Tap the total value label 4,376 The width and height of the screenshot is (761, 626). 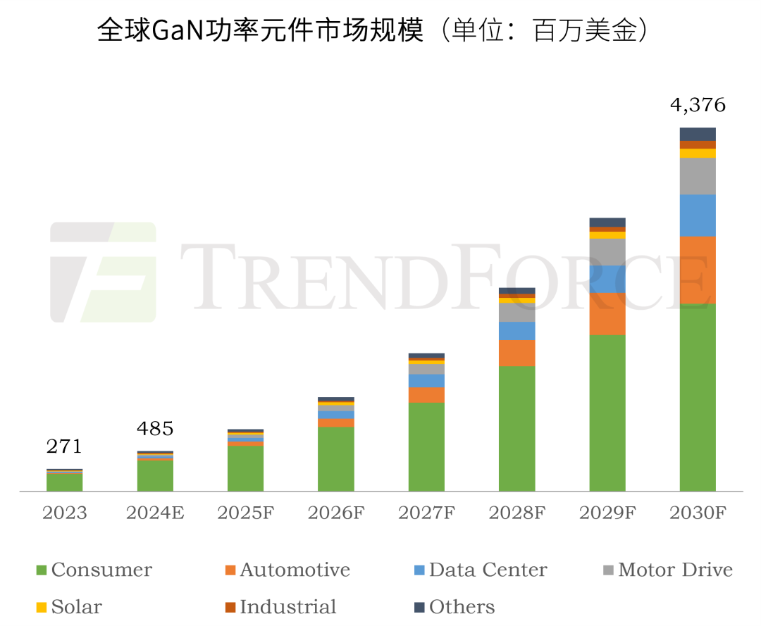697,106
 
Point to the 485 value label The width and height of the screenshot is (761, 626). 154,428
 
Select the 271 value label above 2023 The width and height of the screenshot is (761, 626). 64,446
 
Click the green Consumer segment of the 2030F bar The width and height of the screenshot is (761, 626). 697,397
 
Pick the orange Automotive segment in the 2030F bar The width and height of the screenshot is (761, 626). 697,270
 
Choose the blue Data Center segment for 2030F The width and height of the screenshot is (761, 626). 697,215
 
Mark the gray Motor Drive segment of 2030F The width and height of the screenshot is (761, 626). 697,175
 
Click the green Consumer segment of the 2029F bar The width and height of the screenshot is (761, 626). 607,413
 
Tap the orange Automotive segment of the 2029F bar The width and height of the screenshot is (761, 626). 607,313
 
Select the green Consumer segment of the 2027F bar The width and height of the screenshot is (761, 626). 426,446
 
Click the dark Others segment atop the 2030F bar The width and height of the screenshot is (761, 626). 697,134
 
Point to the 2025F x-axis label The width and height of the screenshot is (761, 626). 245,513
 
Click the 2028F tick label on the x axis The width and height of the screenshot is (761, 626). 516,513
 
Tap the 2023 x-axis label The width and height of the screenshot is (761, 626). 64,513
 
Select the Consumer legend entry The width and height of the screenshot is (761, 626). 93,570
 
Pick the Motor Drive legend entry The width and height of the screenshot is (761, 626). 667,570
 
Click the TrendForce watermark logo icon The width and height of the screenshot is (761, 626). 103,272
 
